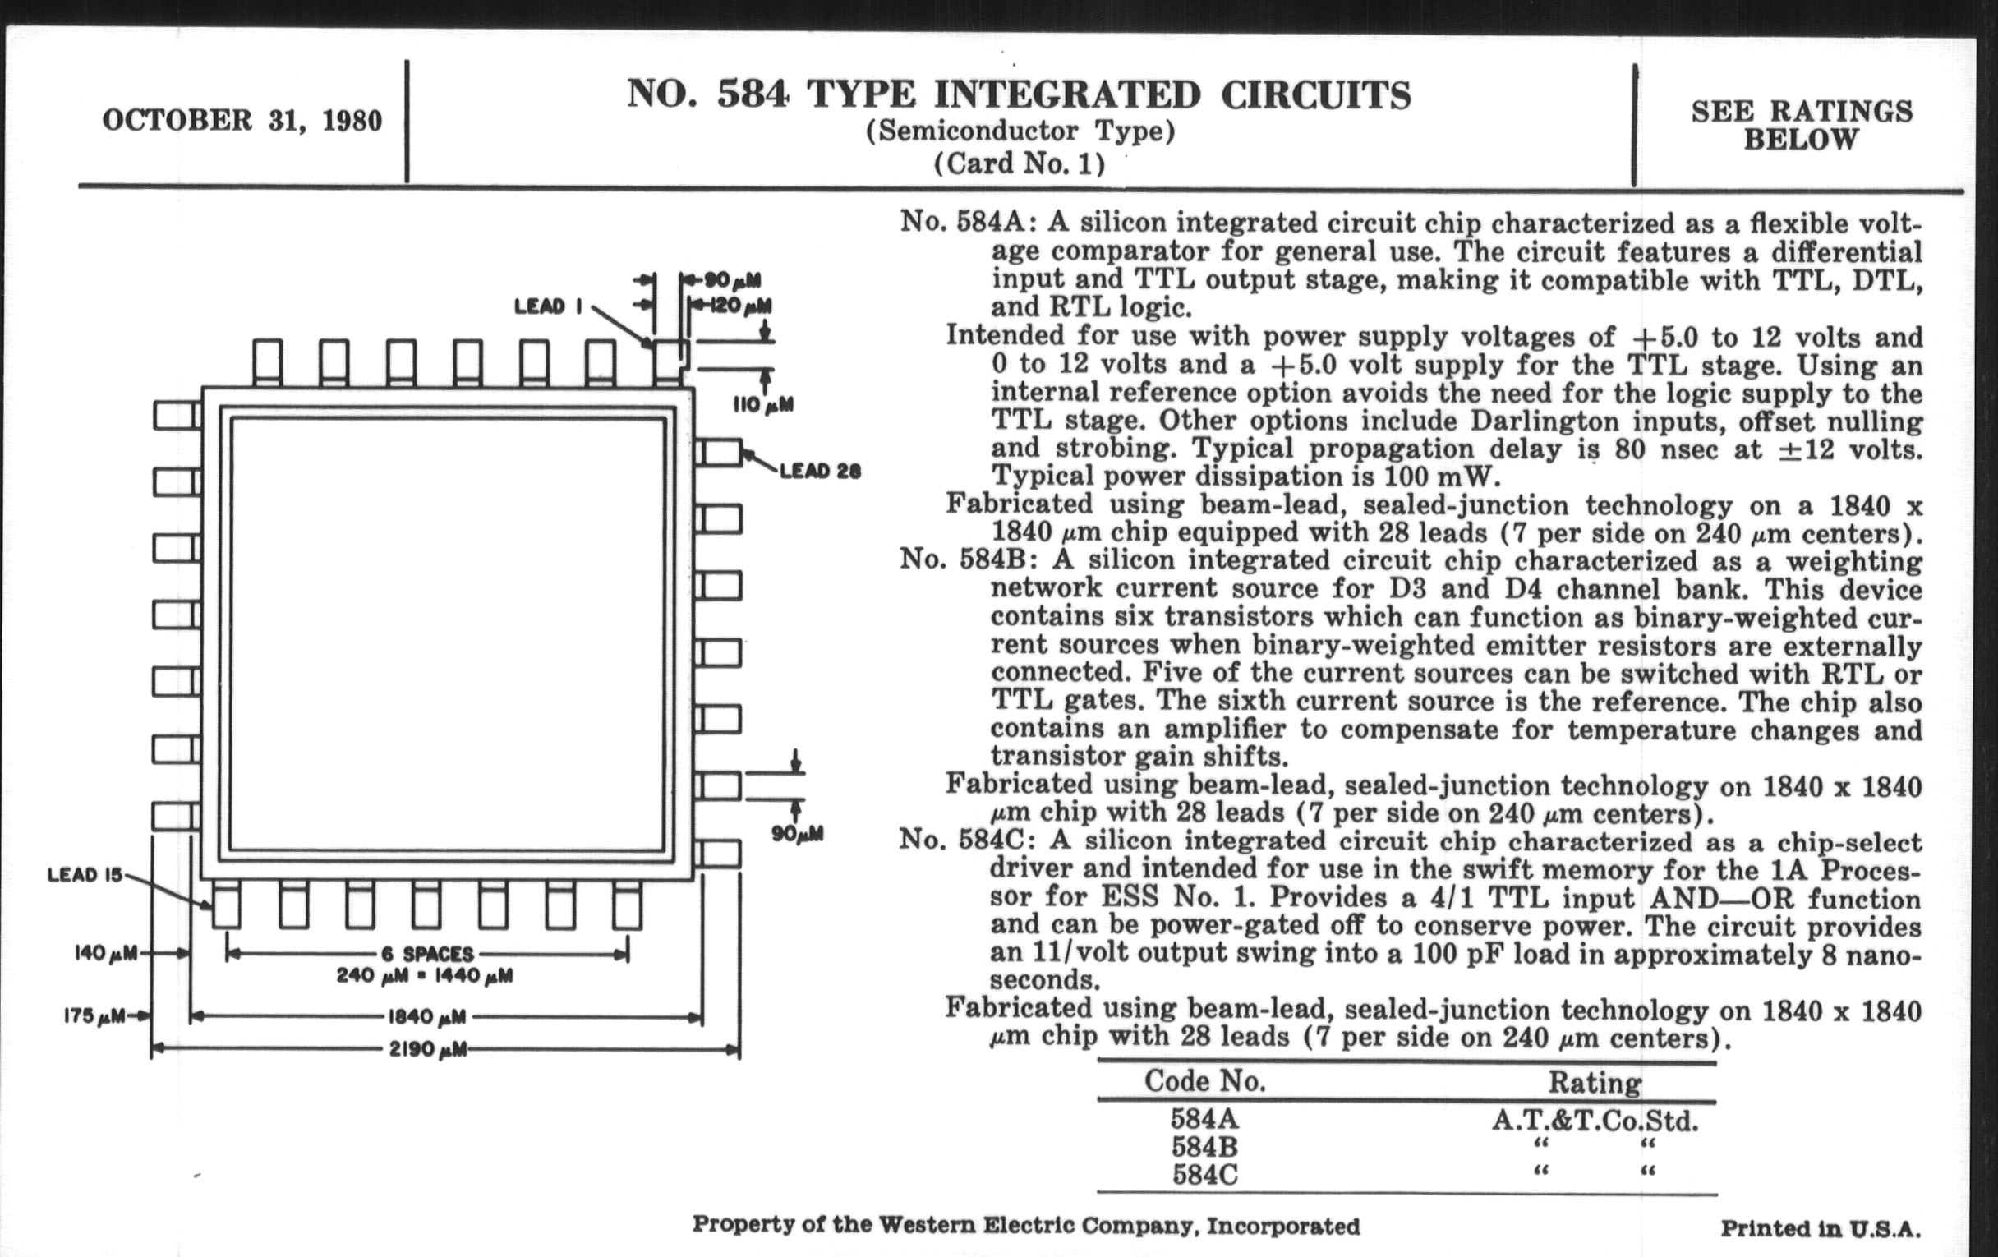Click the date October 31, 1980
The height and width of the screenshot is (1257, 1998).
click(242, 121)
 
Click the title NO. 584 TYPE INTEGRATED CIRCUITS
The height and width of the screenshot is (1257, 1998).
click(1018, 94)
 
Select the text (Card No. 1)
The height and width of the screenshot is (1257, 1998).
click(1019, 163)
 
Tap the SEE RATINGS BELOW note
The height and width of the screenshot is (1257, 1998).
click(1802, 125)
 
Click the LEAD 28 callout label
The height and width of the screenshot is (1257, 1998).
click(820, 472)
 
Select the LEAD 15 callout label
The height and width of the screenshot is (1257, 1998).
click(85, 874)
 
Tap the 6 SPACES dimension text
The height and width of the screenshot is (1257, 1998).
click(427, 954)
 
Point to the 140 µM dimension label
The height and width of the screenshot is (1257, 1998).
click(105, 953)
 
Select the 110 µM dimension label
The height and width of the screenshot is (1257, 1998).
click(762, 405)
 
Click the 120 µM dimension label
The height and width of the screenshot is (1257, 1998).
click(740, 306)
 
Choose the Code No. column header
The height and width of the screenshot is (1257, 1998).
click(1204, 1081)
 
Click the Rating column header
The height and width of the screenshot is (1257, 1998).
click(1594, 1083)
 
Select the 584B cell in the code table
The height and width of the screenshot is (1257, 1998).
click(1204, 1148)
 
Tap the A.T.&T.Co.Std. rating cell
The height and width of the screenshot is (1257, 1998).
click(1595, 1121)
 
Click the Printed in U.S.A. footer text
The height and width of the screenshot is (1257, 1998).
click(1821, 1229)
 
